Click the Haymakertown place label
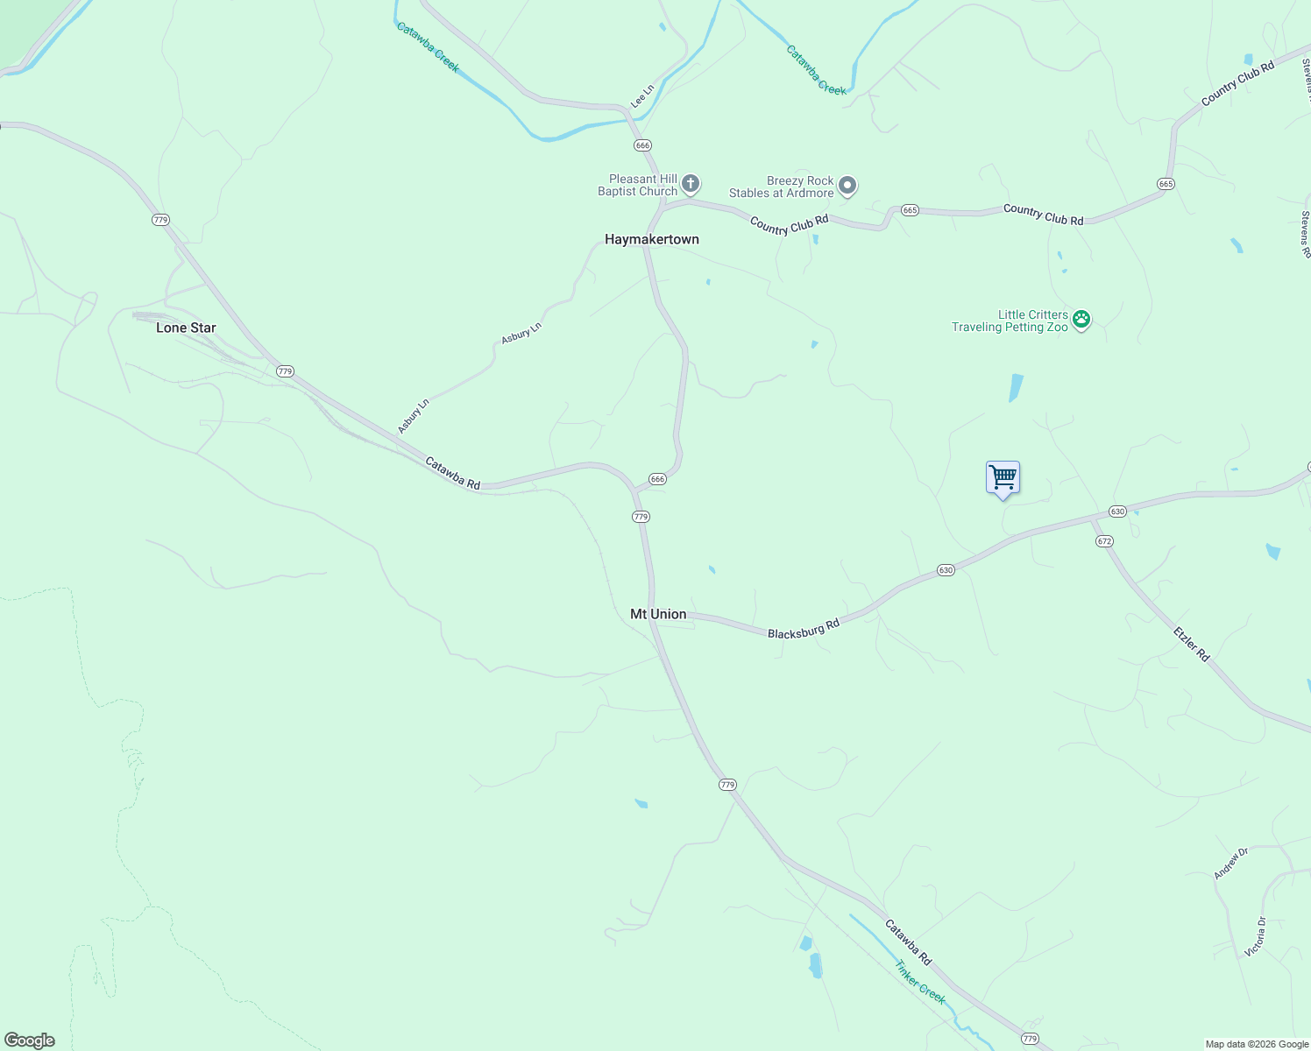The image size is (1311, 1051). pos(651,239)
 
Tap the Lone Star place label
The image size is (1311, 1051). pos(186,328)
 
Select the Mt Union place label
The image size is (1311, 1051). pos(658,614)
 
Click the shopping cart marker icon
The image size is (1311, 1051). pos(1003,478)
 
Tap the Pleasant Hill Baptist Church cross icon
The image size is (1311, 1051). pos(691,184)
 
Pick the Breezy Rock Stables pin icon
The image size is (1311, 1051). pos(847,186)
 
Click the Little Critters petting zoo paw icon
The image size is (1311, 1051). pos(1081,320)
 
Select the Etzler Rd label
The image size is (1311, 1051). pos(1192,642)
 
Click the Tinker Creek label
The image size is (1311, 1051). pos(920,982)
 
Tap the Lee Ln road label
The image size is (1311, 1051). pos(643,96)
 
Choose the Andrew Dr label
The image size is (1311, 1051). pos(1230,864)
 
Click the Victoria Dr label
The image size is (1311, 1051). pos(1256,936)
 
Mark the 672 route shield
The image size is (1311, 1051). pos(1104,541)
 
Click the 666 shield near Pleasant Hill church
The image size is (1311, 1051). pos(643,145)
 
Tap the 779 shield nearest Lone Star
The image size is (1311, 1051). pos(285,371)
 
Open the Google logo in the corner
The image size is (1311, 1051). pos(30,1040)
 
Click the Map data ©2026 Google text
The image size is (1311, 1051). pos(1257,1044)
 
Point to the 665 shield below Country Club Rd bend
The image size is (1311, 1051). pos(1166,184)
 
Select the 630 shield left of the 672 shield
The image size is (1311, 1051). pos(1117,511)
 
